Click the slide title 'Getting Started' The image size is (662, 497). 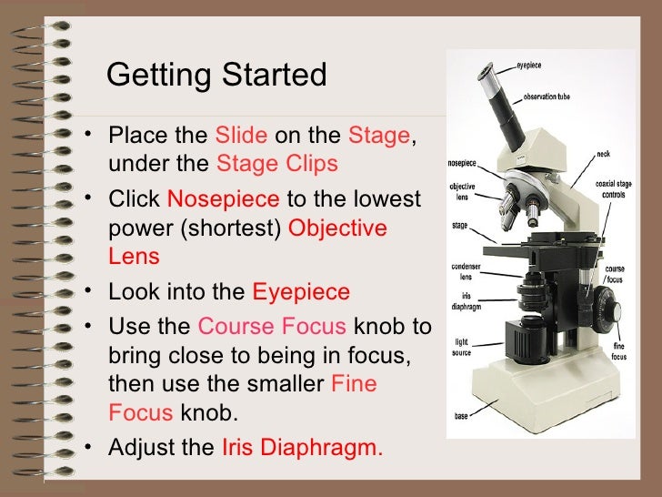216,75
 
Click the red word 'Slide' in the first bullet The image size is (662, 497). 241,137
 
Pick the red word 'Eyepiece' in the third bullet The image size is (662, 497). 300,293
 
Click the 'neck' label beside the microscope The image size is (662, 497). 603,154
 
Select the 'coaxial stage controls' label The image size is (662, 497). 614,189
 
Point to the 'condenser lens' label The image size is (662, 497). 462,271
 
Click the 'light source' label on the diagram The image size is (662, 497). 461,347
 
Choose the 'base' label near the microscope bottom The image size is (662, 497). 461,417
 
